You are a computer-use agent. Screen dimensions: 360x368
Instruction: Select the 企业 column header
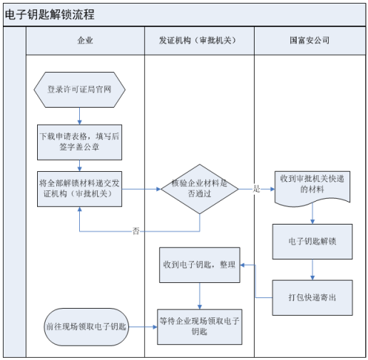click(x=86, y=41)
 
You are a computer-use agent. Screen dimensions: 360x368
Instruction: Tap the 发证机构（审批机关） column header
click(x=199, y=41)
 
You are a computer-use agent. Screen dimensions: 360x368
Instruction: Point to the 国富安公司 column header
click(x=310, y=41)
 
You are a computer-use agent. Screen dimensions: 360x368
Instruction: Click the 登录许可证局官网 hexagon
click(x=79, y=90)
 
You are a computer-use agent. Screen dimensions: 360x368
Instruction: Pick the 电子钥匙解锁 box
click(x=312, y=241)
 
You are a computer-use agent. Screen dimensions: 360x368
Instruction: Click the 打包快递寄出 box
click(x=312, y=297)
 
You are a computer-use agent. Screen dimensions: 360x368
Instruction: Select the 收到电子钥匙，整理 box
click(x=199, y=264)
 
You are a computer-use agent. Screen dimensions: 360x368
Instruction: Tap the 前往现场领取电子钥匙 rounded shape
click(x=86, y=326)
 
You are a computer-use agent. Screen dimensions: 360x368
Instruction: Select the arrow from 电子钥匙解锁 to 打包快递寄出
click(x=312, y=269)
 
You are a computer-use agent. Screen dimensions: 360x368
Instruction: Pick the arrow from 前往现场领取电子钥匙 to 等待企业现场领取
click(x=143, y=326)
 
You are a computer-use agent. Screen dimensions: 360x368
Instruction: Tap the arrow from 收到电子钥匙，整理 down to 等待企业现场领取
click(x=199, y=295)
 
